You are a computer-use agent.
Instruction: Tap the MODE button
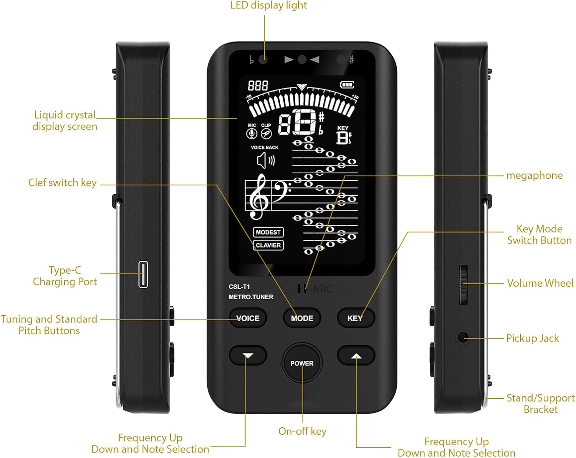pos(302,318)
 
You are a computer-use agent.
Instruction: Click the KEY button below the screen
pos(355,318)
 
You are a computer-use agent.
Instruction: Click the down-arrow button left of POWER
pos(248,356)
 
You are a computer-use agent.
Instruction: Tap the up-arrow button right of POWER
pos(356,356)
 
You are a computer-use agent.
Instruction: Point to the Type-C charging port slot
pos(143,274)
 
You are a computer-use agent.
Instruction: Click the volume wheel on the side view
pos(463,284)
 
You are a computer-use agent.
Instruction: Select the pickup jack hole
pos(463,338)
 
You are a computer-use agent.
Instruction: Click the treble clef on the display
pos(258,196)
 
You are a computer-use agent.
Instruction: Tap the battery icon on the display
pos(347,84)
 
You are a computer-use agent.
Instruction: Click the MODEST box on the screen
pos(268,232)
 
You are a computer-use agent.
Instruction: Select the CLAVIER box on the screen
pos(268,245)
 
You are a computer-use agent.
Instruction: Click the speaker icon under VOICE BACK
pos(265,160)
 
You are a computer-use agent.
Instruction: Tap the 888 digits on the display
pos(258,85)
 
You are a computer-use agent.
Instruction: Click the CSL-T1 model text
pos(239,287)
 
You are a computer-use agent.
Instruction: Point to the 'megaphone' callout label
pos(534,176)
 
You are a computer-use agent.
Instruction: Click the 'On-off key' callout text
pos(302,432)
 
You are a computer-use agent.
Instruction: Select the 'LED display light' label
pos(268,5)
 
